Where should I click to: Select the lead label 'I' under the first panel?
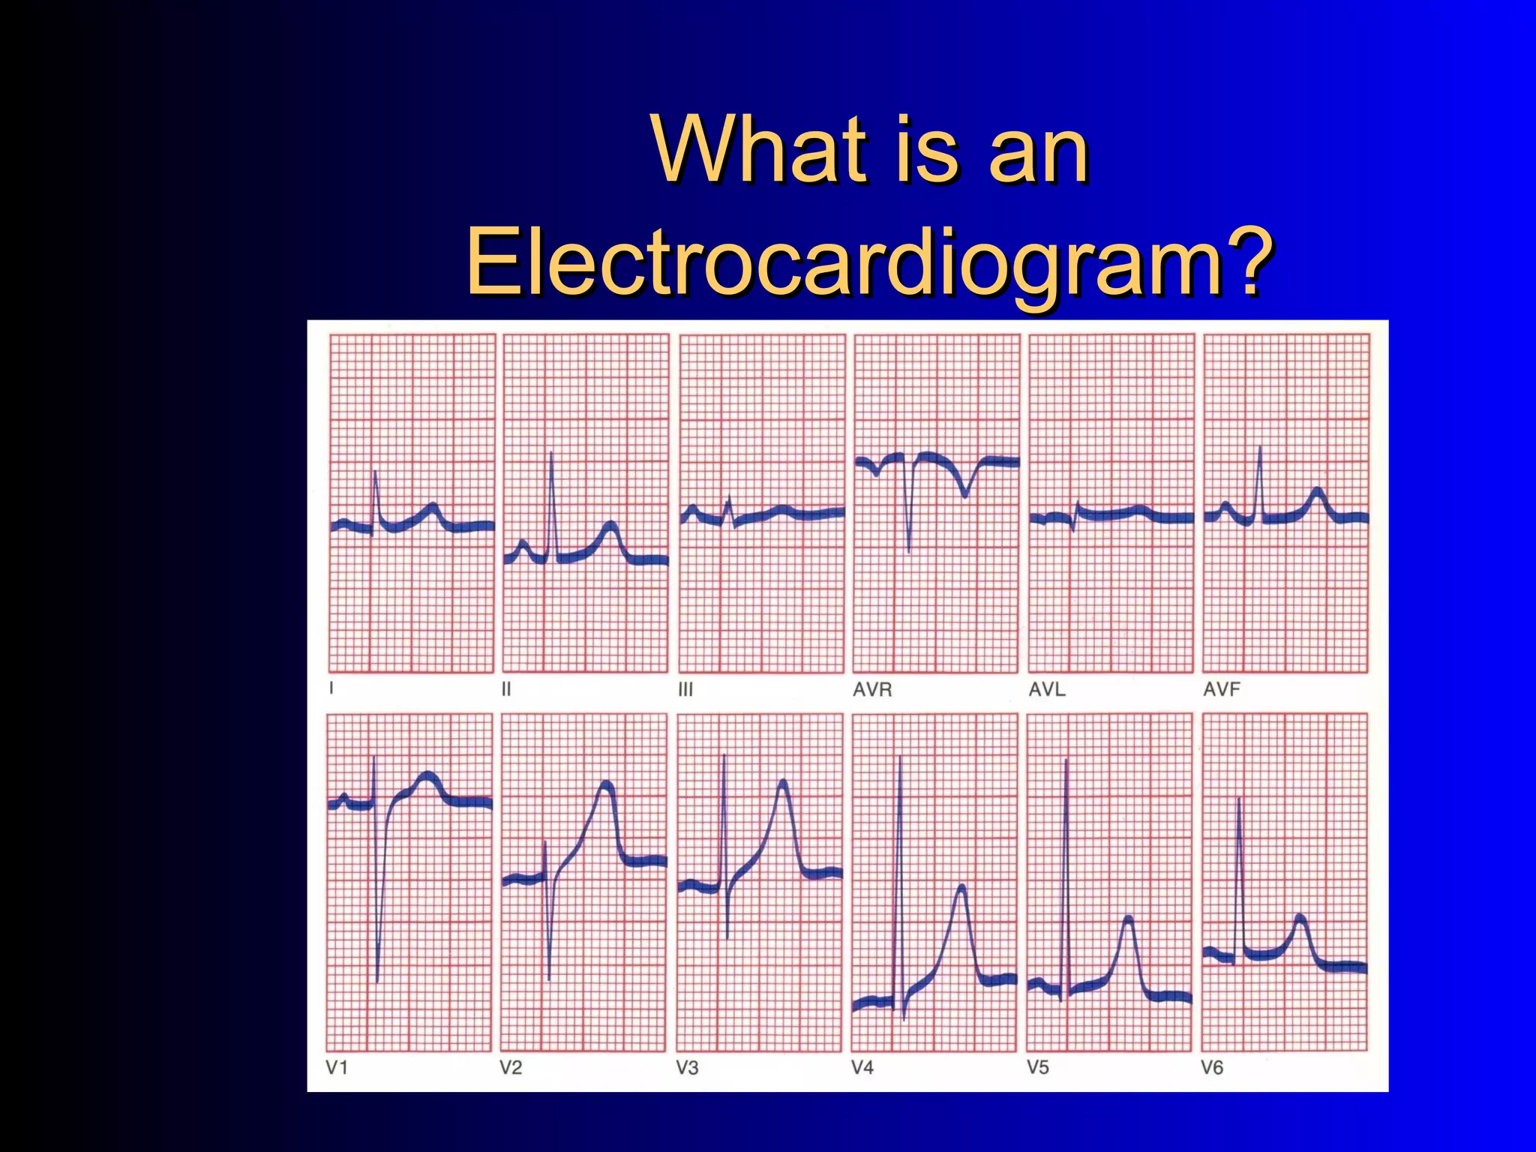click(x=331, y=688)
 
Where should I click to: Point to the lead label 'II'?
click(x=506, y=688)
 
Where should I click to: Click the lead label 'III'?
click(x=685, y=689)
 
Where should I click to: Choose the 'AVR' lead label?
click(x=872, y=689)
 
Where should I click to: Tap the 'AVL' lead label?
click(x=1047, y=689)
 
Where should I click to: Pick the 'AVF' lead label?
click(x=1222, y=689)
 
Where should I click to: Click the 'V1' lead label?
click(x=337, y=1067)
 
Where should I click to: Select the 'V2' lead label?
click(x=511, y=1067)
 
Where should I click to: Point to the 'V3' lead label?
click(x=687, y=1067)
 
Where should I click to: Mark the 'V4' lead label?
click(x=862, y=1067)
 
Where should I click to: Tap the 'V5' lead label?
click(x=1038, y=1067)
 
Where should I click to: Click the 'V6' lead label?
click(x=1212, y=1067)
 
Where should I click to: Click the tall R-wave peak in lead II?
click(x=551, y=452)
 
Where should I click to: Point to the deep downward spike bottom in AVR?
click(x=909, y=551)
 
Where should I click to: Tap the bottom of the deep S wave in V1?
click(x=377, y=981)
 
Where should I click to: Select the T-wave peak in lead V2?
click(x=606, y=784)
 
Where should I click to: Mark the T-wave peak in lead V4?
click(x=961, y=888)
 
